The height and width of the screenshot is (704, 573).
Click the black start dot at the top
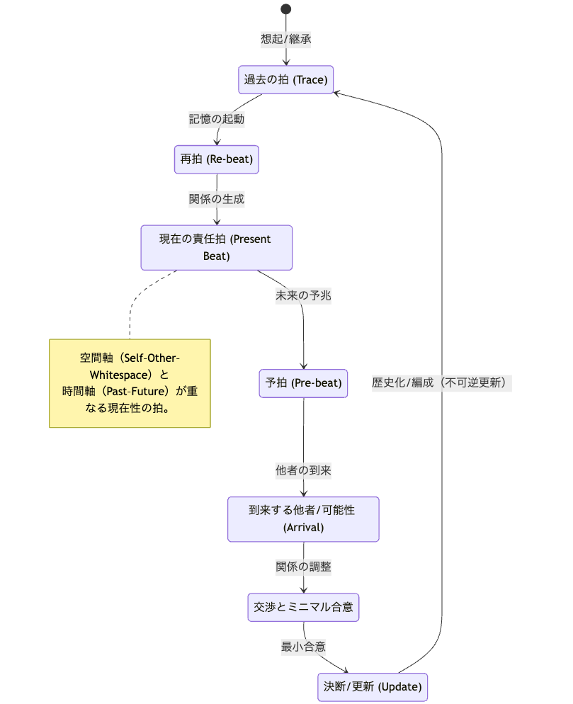[x=286, y=9]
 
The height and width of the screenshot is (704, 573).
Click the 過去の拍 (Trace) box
[x=285, y=79]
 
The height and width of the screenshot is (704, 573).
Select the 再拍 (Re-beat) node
[x=217, y=159]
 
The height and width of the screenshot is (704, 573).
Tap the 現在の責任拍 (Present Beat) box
[x=217, y=247]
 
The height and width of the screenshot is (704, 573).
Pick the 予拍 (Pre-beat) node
[x=303, y=383]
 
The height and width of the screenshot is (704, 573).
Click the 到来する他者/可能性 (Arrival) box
[x=303, y=518]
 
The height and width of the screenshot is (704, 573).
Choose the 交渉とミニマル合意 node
[x=303, y=607]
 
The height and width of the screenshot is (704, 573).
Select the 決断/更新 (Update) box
[x=373, y=686]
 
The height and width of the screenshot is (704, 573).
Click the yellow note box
[x=130, y=382]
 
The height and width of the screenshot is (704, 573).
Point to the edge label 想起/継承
[x=286, y=39]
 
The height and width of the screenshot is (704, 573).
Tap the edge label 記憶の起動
[x=217, y=119]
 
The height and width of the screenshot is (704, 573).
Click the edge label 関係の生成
[x=217, y=199]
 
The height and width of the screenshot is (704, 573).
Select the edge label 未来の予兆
[x=303, y=296]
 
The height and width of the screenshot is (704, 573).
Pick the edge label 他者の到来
[x=303, y=470]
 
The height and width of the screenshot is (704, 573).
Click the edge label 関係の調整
[x=303, y=567]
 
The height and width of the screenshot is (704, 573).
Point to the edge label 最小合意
[x=303, y=646]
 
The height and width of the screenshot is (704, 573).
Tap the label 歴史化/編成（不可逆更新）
[x=442, y=383]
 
